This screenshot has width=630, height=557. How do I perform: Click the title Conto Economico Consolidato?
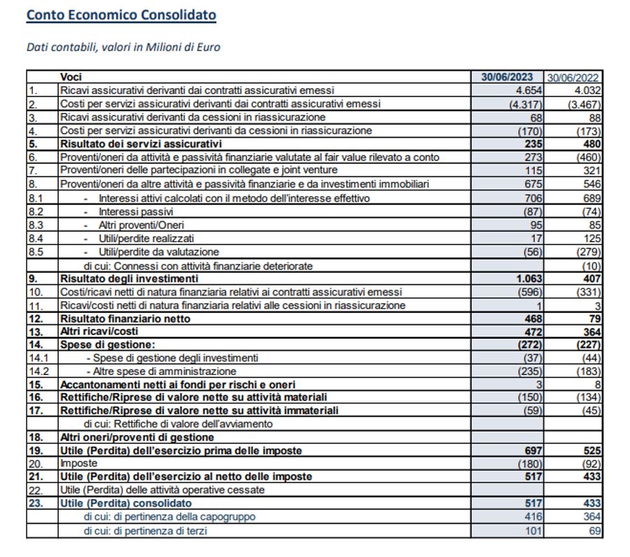[121, 15]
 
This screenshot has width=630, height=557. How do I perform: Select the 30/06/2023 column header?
[507, 77]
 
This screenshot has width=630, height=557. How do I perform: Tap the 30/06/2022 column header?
[573, 77]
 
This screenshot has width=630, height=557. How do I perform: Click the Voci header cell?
[71, 77]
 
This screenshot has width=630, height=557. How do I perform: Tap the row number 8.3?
[37, 225]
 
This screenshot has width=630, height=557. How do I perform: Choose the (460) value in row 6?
[587, 157]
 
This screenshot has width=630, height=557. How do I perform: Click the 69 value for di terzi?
[594, 530]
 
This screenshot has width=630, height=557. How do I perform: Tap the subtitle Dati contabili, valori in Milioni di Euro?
[123, 48]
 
